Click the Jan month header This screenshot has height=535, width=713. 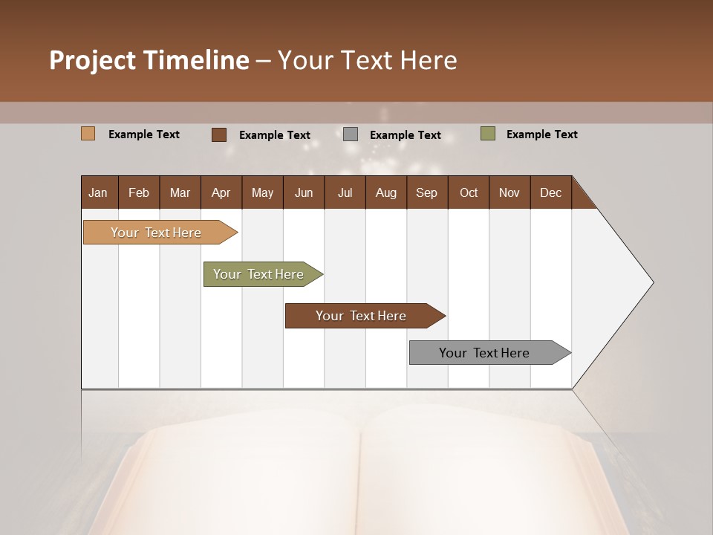(98, 192)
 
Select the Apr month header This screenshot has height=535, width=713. (221, 192)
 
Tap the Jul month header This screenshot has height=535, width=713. (345, 192)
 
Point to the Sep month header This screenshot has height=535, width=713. (426, 192)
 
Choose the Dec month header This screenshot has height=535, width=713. (550, 192)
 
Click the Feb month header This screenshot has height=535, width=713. (139, 192)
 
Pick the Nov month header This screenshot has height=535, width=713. (509, 192)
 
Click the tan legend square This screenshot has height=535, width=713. (88, 134)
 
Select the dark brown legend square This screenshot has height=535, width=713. (219, 134)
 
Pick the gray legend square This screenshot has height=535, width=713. (351, 134)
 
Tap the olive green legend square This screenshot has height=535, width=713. (488, 134)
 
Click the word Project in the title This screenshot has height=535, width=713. (91, 60)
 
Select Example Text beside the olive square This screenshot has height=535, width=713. (541, 134)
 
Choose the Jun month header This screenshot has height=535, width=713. (304, 192)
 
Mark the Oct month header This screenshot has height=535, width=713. (469, 192)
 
